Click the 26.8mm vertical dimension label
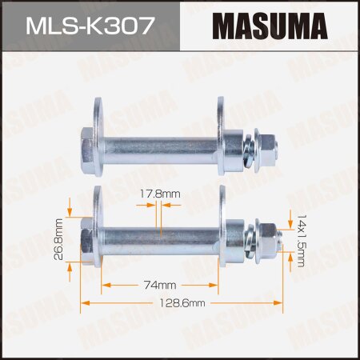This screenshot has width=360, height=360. [60, 238]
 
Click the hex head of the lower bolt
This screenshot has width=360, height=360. [86, 238]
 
